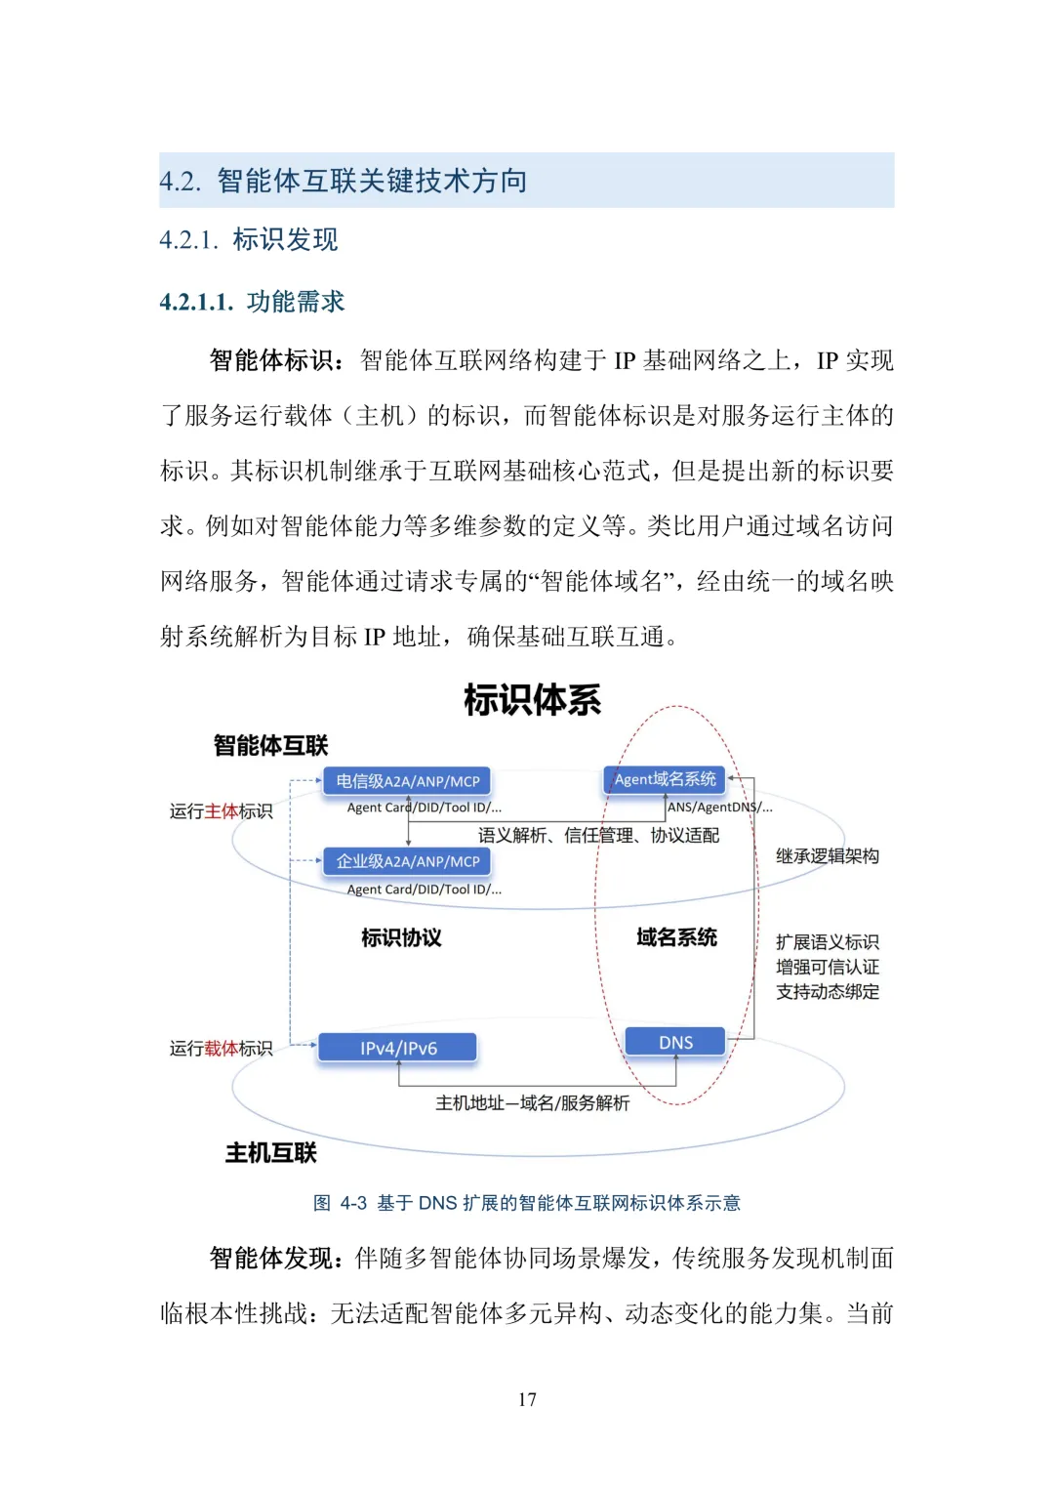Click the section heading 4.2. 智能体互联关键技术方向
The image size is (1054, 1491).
point(344,181)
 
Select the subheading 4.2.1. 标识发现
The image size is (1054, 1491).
point(249,239)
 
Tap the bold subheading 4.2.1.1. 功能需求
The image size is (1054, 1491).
point(252,302)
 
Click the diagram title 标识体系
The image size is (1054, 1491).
point(532,700)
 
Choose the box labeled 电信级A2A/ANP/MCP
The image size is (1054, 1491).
point(407,781)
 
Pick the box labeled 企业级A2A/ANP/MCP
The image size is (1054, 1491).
point(407,861)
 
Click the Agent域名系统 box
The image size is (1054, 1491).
point(665,779)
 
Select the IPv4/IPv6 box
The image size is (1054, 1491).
point(398,1048)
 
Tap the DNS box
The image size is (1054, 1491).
point(675,1042)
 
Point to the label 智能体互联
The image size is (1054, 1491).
point(270,746)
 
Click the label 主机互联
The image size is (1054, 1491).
point(270,1153)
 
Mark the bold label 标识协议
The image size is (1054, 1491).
point(401,938)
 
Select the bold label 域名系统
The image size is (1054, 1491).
point(676,937)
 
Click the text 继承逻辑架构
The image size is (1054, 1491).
point(827,856)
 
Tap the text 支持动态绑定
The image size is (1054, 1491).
point(827,992)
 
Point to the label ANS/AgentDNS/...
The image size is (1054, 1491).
point(719,808)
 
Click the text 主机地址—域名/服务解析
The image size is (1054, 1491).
point(532,1103)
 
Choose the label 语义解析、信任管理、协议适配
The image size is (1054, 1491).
point(598,836)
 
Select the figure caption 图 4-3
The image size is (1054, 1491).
point(527,1203)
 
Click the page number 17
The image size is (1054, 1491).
point(527,1399)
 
